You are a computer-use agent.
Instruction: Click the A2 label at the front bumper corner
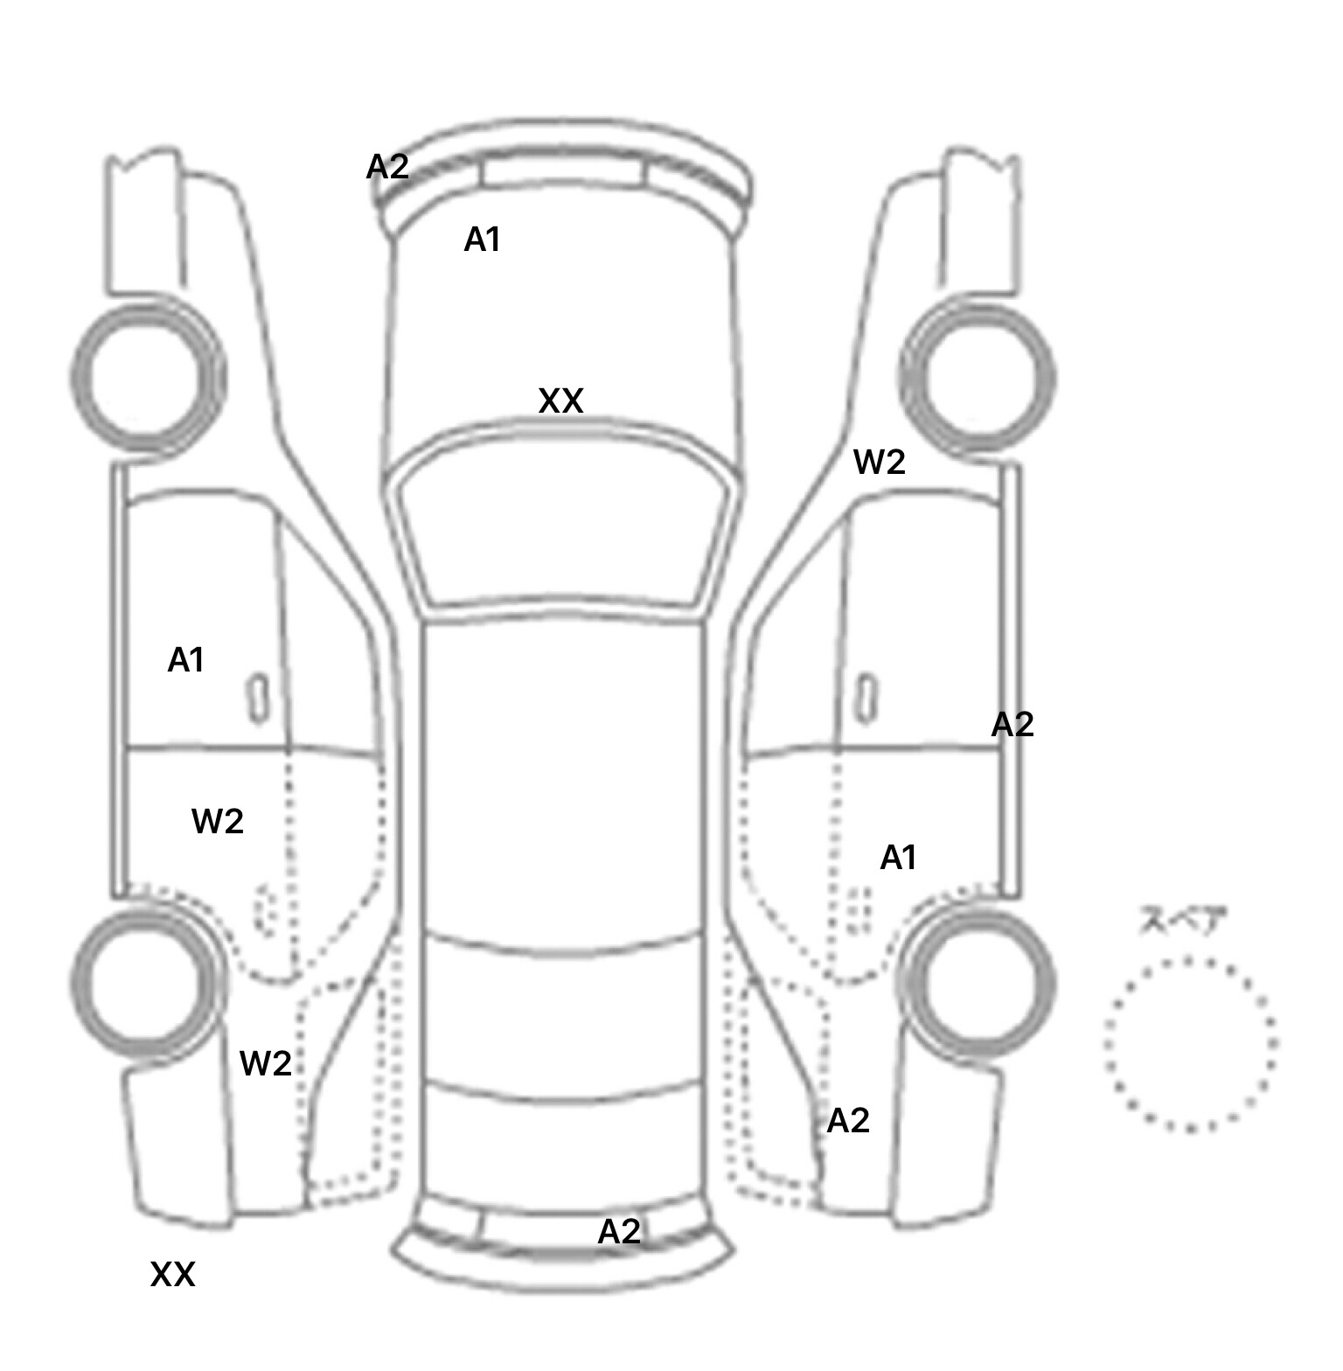pos(386,166)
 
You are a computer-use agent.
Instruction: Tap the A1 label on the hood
pos(482,239)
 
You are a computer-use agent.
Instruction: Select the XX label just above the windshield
pos(560,401)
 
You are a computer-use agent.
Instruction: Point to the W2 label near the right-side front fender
pos(879,462)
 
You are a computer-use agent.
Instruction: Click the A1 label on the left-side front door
pos(185,660)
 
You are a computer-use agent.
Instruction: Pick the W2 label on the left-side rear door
pos(217,821)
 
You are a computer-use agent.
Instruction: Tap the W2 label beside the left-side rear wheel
pos(265,1063)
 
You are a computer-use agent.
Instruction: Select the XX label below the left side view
pos(172,1275)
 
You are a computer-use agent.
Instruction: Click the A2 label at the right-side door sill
pos(1012,724)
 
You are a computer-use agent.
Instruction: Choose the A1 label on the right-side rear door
pos(898,858)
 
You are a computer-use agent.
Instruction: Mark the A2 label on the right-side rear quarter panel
pos(848,1120)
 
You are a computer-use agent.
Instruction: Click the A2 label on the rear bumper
pos(619,1231)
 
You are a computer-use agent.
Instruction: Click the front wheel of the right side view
pos(978,378)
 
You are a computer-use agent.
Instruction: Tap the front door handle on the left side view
pos(258,698)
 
